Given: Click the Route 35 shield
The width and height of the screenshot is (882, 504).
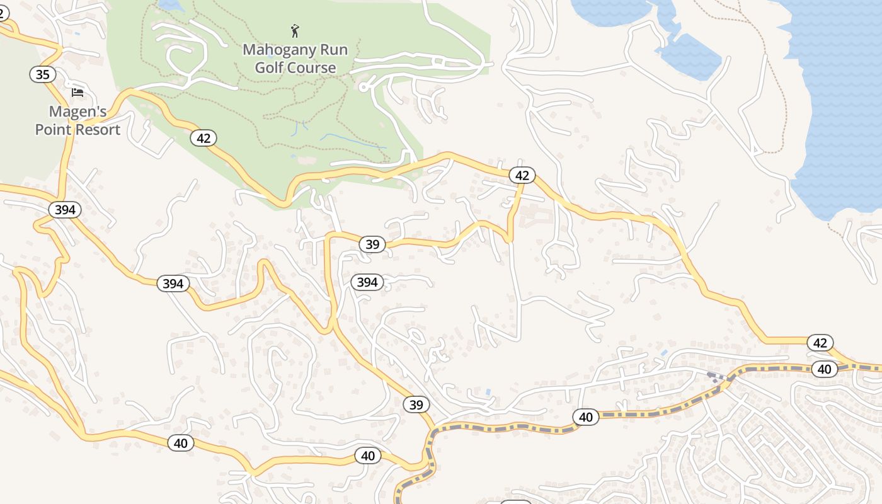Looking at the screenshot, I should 42,75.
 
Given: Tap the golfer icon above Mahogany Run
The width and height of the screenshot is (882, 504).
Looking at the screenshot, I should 295,30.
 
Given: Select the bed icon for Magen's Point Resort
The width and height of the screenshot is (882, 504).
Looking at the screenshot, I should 77,93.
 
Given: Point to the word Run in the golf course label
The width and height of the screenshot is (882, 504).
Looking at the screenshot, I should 332,49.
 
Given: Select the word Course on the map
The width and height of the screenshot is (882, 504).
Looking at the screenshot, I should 313,67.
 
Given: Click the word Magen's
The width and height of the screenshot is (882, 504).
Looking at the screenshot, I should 77,112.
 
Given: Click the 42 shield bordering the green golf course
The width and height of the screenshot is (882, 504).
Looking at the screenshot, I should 203,138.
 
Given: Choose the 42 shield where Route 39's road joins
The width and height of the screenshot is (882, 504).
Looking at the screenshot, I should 522,175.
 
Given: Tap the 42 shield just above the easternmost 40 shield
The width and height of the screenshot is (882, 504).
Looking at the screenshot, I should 820,343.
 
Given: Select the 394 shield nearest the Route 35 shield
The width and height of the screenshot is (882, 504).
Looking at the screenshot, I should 65,210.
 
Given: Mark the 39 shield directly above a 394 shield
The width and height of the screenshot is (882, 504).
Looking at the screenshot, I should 372,244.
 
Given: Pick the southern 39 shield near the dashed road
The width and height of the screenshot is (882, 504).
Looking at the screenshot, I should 416,404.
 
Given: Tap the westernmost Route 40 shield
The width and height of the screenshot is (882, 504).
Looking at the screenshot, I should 181,443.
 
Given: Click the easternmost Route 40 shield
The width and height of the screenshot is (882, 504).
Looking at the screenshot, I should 825,369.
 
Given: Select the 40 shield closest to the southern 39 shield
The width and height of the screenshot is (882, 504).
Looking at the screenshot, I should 368,455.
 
